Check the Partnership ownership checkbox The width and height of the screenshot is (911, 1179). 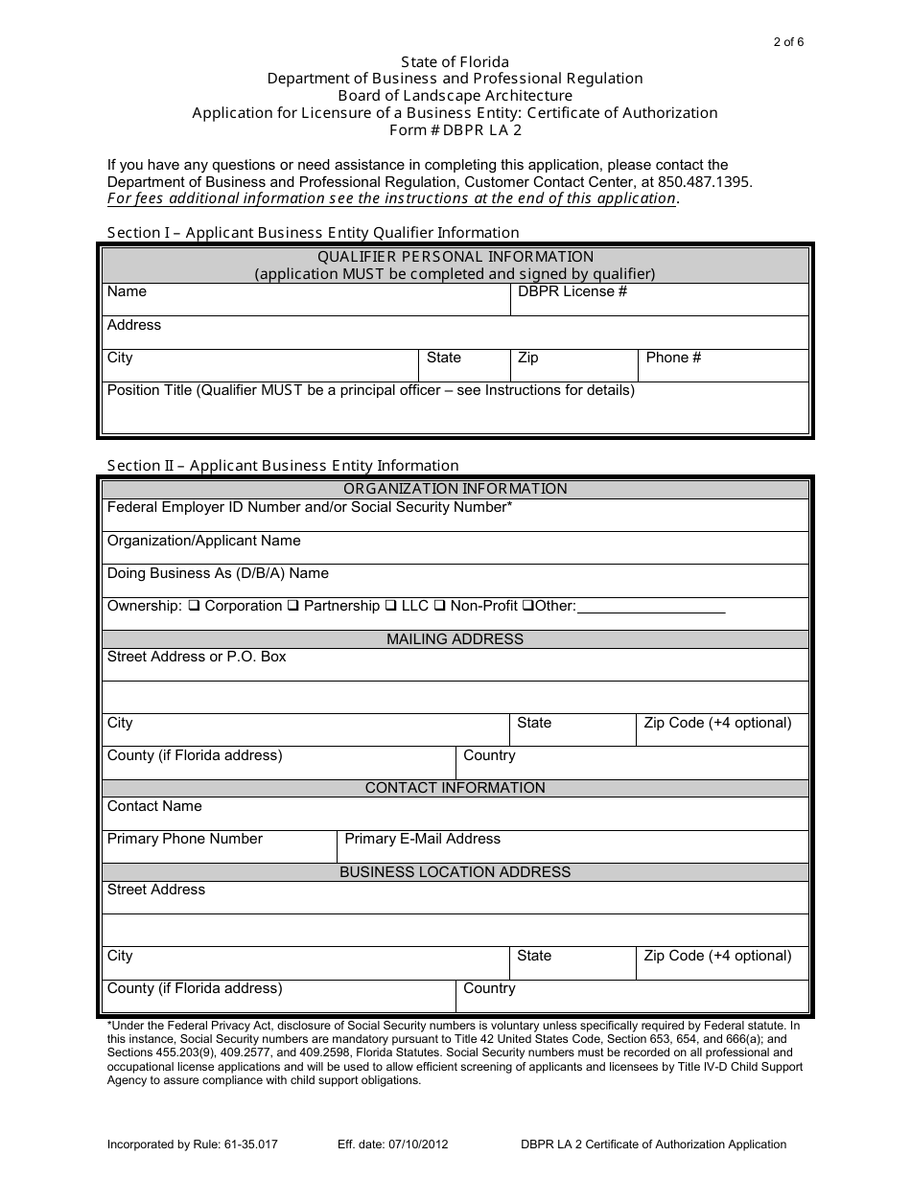pyautogui.click(x=293, y=606)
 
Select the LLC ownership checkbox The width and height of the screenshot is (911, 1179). pyautogui.click(x=390, y=606)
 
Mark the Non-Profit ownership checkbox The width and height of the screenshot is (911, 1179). pyautogui.click(x=439, y=606)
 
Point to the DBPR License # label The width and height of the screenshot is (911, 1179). pyautogui.click(x=572, y=291)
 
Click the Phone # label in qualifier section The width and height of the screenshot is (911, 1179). pyautogui.click(x=673, y=358)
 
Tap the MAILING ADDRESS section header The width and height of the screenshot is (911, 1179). pyautogui.click(x=455, y=639)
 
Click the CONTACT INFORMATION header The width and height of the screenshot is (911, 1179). pyautogui.click(x=455, y=788)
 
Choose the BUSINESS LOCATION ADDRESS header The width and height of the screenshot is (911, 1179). pyautogui.click(x=455, y=872)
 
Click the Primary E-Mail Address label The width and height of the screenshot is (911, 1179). pyautogui.click(x=422, y=839)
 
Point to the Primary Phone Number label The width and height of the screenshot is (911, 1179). pyautogui.click(x=184, y=839)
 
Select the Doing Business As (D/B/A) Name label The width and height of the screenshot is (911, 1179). pyautogui.click(x=218, y=573)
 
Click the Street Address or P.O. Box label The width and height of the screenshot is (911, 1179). pyautogui.click(x=197, y=657)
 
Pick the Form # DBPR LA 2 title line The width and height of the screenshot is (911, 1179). pyautogui.click(x=455, y=130)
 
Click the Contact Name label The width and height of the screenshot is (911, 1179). pyautogui.click(x=154, y=806)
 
